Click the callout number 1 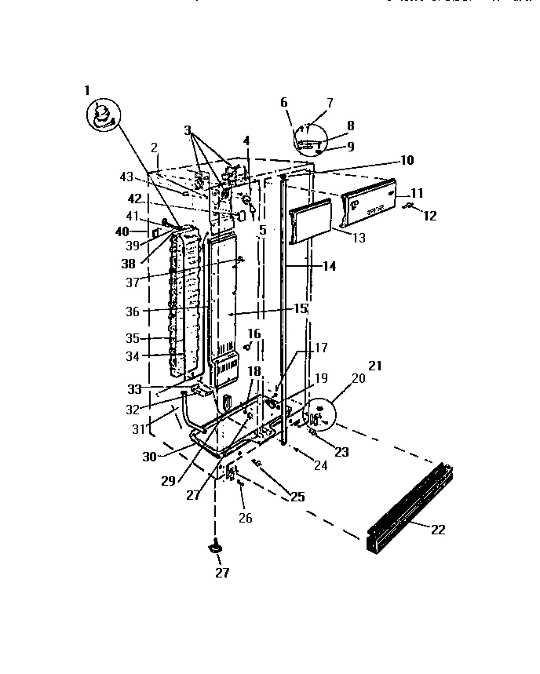tap(87, 90)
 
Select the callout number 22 tap(438, 530)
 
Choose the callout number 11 tap(417, 192)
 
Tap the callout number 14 tap(328, 267)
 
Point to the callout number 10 tap(406, 161)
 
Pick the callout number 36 tap(131, 311)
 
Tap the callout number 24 tap(319, 465)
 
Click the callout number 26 tap(245, 518)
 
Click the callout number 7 tap(330, 102)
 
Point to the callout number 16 tap(254, 334)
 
